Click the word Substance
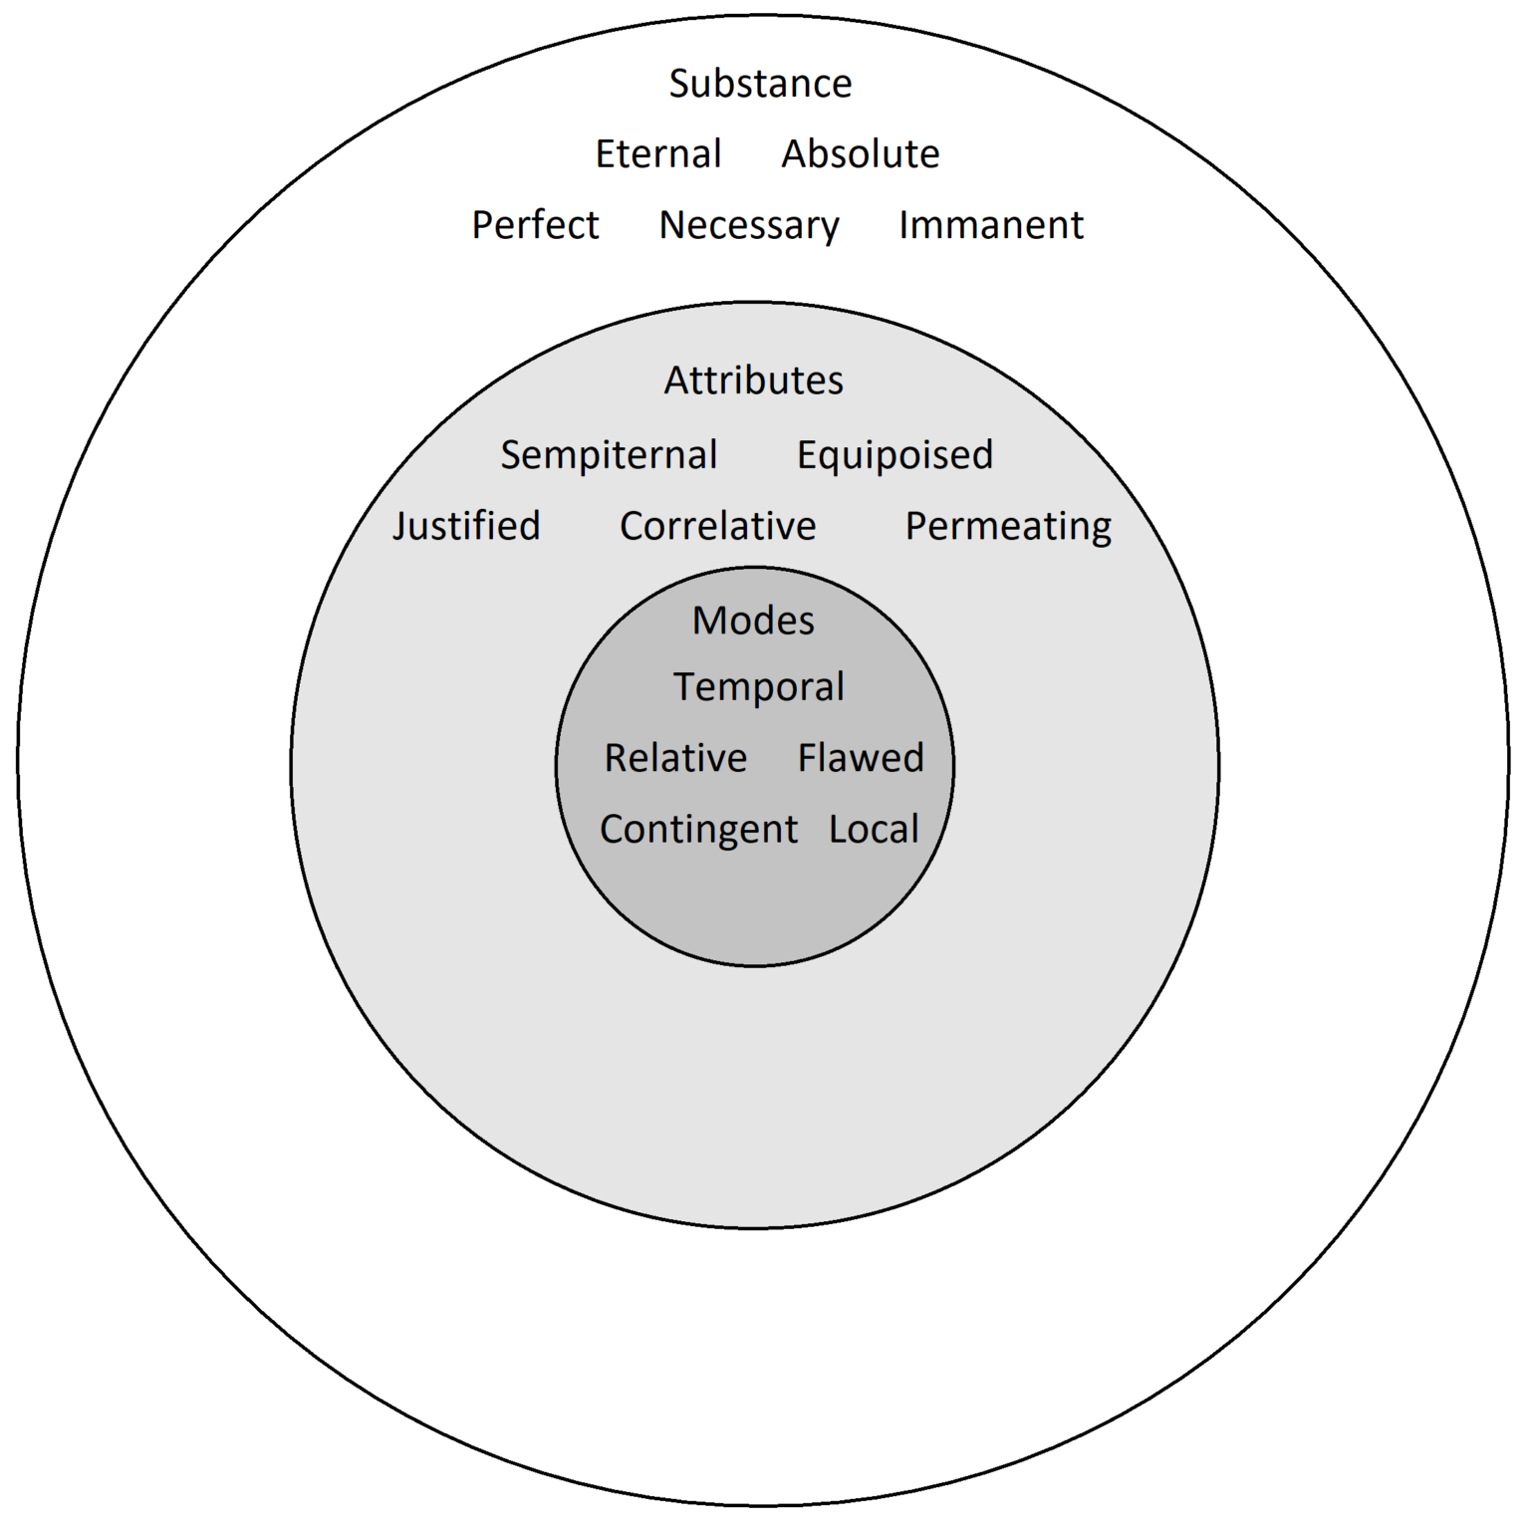click(760, 84)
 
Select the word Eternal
click(658, 154)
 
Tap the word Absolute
click(861, 154)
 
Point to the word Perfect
click(535, 225)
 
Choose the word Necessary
click(749, 226)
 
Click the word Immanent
click(991, 225)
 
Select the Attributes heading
click(754, 381)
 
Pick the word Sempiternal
click(609, 455)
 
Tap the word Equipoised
click(894, 455)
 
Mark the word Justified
click(466, 526)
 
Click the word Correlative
click(718, 526)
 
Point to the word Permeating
click(1008, 527)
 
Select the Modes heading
click(754, 621)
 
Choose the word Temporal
click(759, 687)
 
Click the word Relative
click(675, 758)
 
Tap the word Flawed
click(861, 758)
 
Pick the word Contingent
click(698, 830)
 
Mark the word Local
click(874, 830)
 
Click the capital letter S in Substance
click(680, 84)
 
